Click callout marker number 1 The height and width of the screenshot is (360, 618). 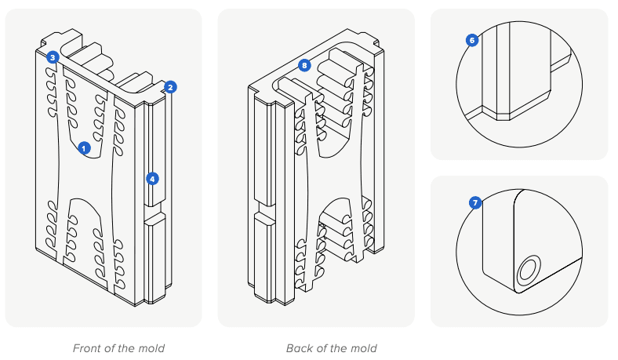click(x=85, y=147)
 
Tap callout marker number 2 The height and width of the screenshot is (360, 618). click(x=171, y=87)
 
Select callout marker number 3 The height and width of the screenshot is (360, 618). click(x=52, y=57)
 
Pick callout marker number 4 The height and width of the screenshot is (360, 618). click(x=152, y=178)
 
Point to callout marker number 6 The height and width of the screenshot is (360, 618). click(x=472, y=40)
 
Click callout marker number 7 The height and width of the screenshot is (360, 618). click(x=474, y=203)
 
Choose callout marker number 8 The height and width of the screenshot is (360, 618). click(x=304, y=65)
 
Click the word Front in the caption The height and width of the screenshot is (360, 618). click(x=88, y=348)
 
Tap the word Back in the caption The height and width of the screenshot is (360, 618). click(x=300, y=348)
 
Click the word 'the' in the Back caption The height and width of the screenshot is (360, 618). click(x=340, y=348)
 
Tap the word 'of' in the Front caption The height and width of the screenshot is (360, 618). click(x=111, y=348)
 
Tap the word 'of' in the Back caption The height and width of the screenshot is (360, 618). click(x=322, y=348)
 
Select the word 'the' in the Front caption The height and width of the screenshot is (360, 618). click(x=128, y=348)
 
